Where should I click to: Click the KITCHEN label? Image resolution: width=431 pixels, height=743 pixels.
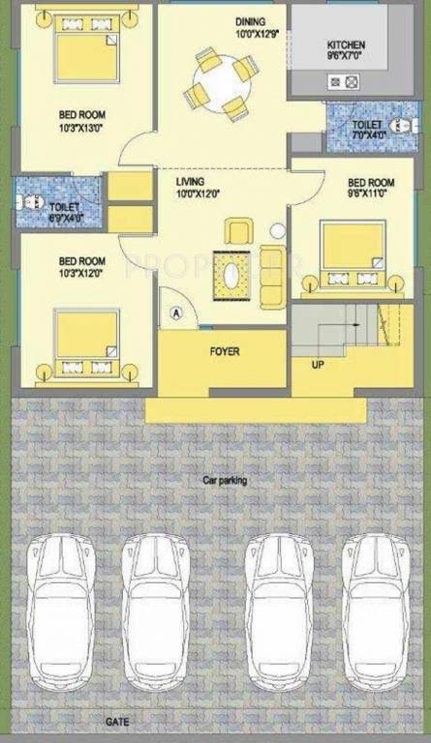tap(346, 45)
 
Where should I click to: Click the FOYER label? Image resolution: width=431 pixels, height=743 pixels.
tap(225, 351)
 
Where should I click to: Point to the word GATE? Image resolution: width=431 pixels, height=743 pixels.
tap(118, 723)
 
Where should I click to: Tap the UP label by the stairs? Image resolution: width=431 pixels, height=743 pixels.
tap(318, 366)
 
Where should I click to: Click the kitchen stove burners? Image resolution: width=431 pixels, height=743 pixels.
tap(344, 83)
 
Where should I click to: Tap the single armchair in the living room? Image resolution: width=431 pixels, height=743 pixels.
tap(238, 231)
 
